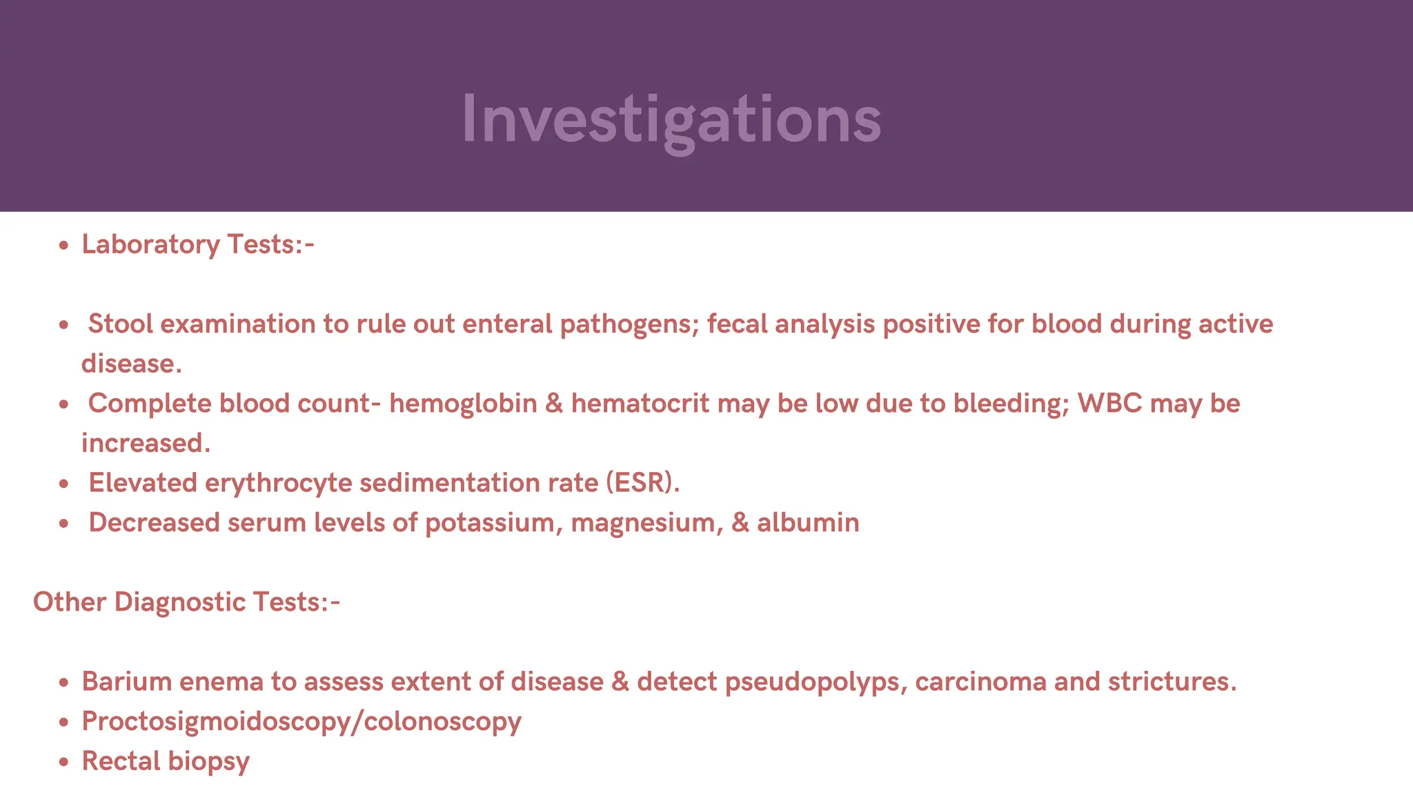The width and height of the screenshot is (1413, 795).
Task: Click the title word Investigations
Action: (671, 119)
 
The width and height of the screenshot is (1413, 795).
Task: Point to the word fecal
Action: (737, 324)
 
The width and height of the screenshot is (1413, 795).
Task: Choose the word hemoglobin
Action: (463, 404)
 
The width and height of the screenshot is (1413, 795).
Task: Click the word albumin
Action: (808, 523)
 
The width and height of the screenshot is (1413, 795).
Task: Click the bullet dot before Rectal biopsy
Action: (64, 763)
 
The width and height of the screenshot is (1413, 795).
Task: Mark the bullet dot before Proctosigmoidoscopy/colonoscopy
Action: (64, 723)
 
